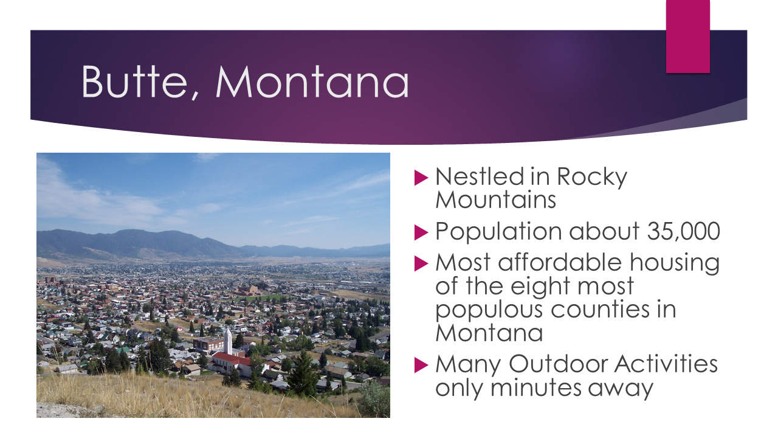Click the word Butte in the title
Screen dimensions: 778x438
(x=134, y=82)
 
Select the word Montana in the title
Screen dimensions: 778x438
(x=312, y=82)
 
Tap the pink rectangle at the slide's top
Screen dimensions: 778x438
(x=687, y=36)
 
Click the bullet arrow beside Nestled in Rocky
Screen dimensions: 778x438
(x=421, y=178)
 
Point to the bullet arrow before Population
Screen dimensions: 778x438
(x=421, y=232)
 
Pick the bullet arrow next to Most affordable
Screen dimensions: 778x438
(x=421, y=263)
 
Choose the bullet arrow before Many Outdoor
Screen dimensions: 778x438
(x=421, y=366)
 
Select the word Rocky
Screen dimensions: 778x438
(x=592, y=178)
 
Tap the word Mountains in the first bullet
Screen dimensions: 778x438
(x=495, y=200)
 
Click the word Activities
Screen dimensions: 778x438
(x=667, y=364)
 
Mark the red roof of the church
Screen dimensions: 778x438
(x=231, y=358)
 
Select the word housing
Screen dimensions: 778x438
(x=674, y=263)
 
